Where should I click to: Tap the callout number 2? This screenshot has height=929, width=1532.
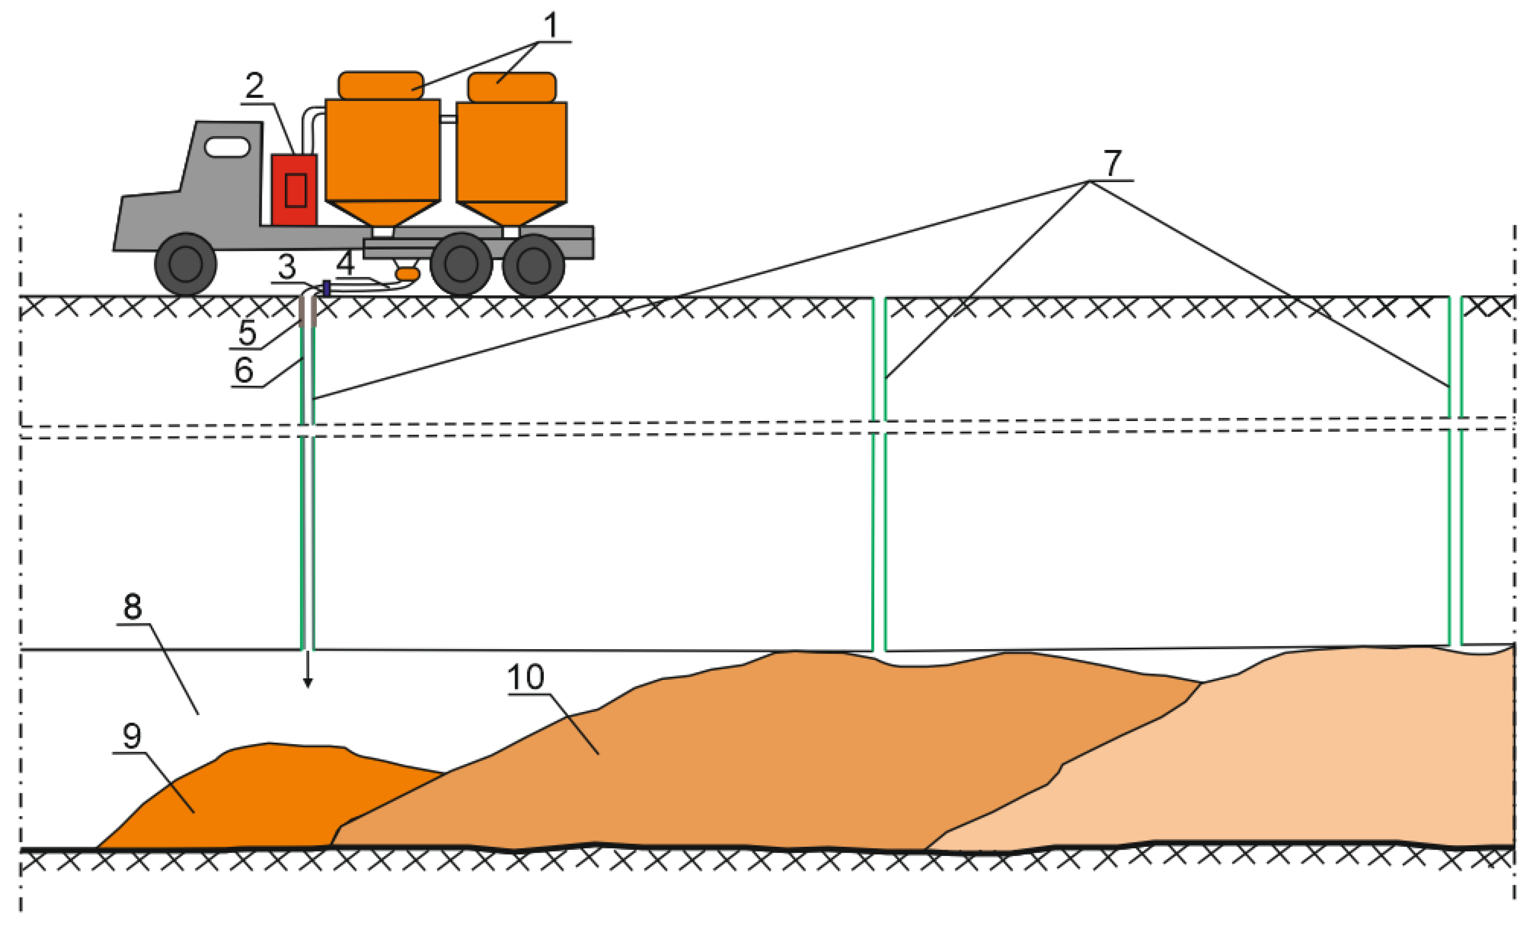[254, 86]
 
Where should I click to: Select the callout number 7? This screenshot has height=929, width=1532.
[1112, 164]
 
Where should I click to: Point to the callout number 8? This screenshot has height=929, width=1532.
[132, 606]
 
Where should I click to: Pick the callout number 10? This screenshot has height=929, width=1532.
[526, 677]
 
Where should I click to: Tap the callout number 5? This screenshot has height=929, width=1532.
[247, 332]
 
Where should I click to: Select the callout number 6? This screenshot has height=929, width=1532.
[244, 370]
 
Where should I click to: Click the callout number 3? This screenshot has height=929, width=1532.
[287, 267]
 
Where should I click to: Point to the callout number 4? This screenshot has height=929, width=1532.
[346, 263]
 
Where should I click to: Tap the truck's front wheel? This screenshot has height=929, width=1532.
[185, 264]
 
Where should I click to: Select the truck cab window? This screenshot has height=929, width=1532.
[227, 147]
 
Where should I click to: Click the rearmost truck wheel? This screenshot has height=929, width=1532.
[533, 265]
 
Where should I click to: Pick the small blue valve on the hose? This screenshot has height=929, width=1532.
[327, 288]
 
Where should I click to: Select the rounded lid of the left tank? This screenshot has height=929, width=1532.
[381, 85]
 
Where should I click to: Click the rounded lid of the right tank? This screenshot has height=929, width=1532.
[512, 87]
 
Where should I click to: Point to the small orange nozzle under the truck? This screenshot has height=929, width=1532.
[407, 273]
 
